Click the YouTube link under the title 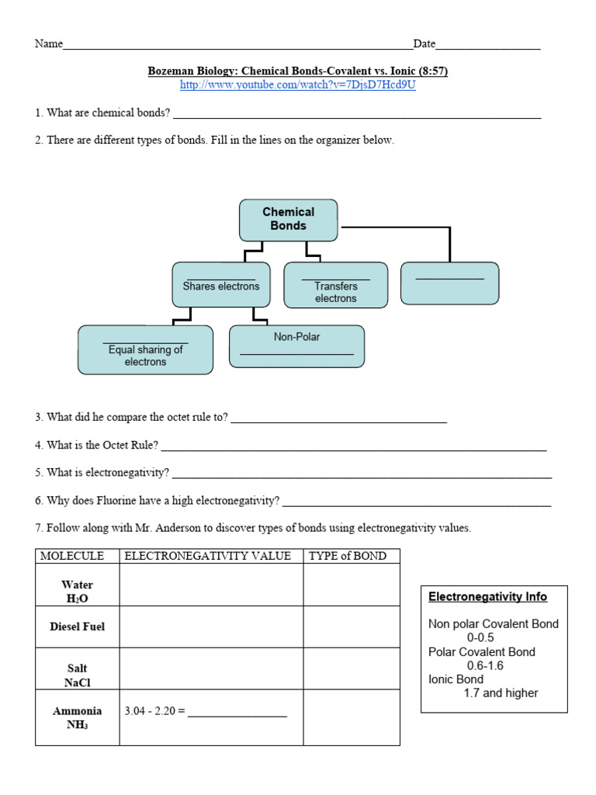click(x=298, y=85)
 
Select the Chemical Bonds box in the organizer click(x=289, y=219)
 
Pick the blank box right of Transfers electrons click(x=449, y=283)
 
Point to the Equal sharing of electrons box click(x=145, y=350)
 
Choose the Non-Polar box click(x=296, y=345)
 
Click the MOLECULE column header click(x=72, y=556)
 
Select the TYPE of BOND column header click(x=342, y=556)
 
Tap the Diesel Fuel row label click(x=77, y=627)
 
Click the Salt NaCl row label click(x=77, y=675)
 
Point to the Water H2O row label click(x=77, y=592)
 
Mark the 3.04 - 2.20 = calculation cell click(x=206, y=711)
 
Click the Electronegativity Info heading click(x=487, y=597)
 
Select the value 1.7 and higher click(x=501, y=693)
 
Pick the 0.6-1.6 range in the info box click(x=485, y=665)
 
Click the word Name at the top click(x=48, y=44)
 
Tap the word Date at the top click(x=424, y=44)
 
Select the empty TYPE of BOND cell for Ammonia click(x=351, y=717)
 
